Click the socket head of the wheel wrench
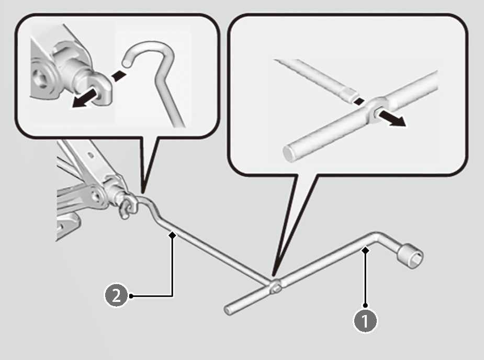coord(411,256)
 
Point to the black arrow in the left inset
coord(87,99)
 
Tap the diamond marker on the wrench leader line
coord(365,252)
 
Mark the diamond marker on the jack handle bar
coord(172,236)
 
